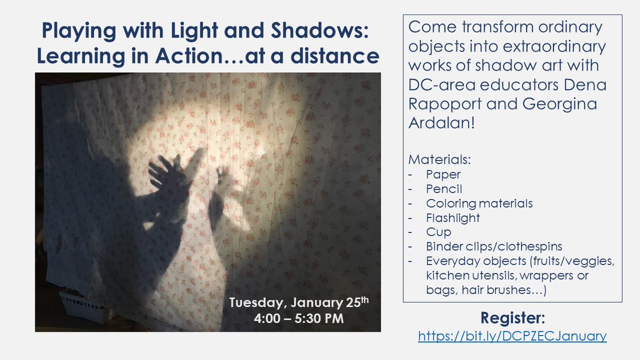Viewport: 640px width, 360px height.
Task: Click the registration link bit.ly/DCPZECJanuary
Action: point(512,336)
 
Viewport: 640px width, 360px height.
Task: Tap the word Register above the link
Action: point(513,318)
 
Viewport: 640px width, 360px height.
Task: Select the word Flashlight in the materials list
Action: point(453,218)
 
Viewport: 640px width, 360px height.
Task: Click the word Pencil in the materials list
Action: point(444,189)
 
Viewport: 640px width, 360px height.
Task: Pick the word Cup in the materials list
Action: point(438,232)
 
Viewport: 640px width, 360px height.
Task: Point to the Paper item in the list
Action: point(443,174)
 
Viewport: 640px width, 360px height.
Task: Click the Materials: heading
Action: point(434,159)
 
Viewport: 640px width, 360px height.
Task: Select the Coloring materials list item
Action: point(479,203)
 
